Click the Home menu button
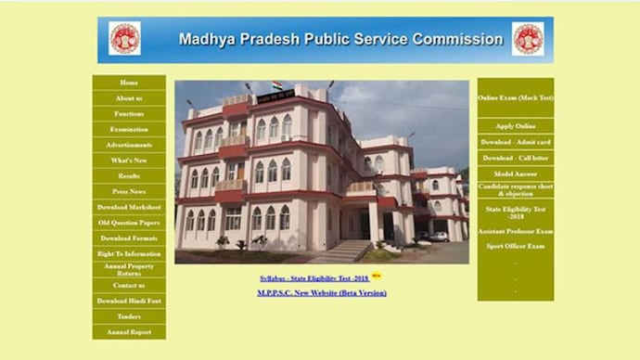point(129,83)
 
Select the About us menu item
point(129,98)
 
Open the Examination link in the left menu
point(129,129)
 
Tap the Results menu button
point(129,175)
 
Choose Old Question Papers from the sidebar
point(129,223)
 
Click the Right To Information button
point(129,253)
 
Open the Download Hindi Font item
point(129,301)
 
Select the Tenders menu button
point(129,316)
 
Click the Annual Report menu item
point(129,331)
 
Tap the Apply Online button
point(516,126)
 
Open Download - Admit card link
point(516,142)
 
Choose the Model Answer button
point(516,174)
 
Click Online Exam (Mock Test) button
point(516,97)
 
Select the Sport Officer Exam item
point(516,247)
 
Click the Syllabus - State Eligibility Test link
point(314,277)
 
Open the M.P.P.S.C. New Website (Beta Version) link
point(321,293)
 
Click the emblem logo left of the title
point(124,39)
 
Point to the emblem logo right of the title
point(528,39)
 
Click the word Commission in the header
point(455,40)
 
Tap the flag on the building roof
point(276,86)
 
